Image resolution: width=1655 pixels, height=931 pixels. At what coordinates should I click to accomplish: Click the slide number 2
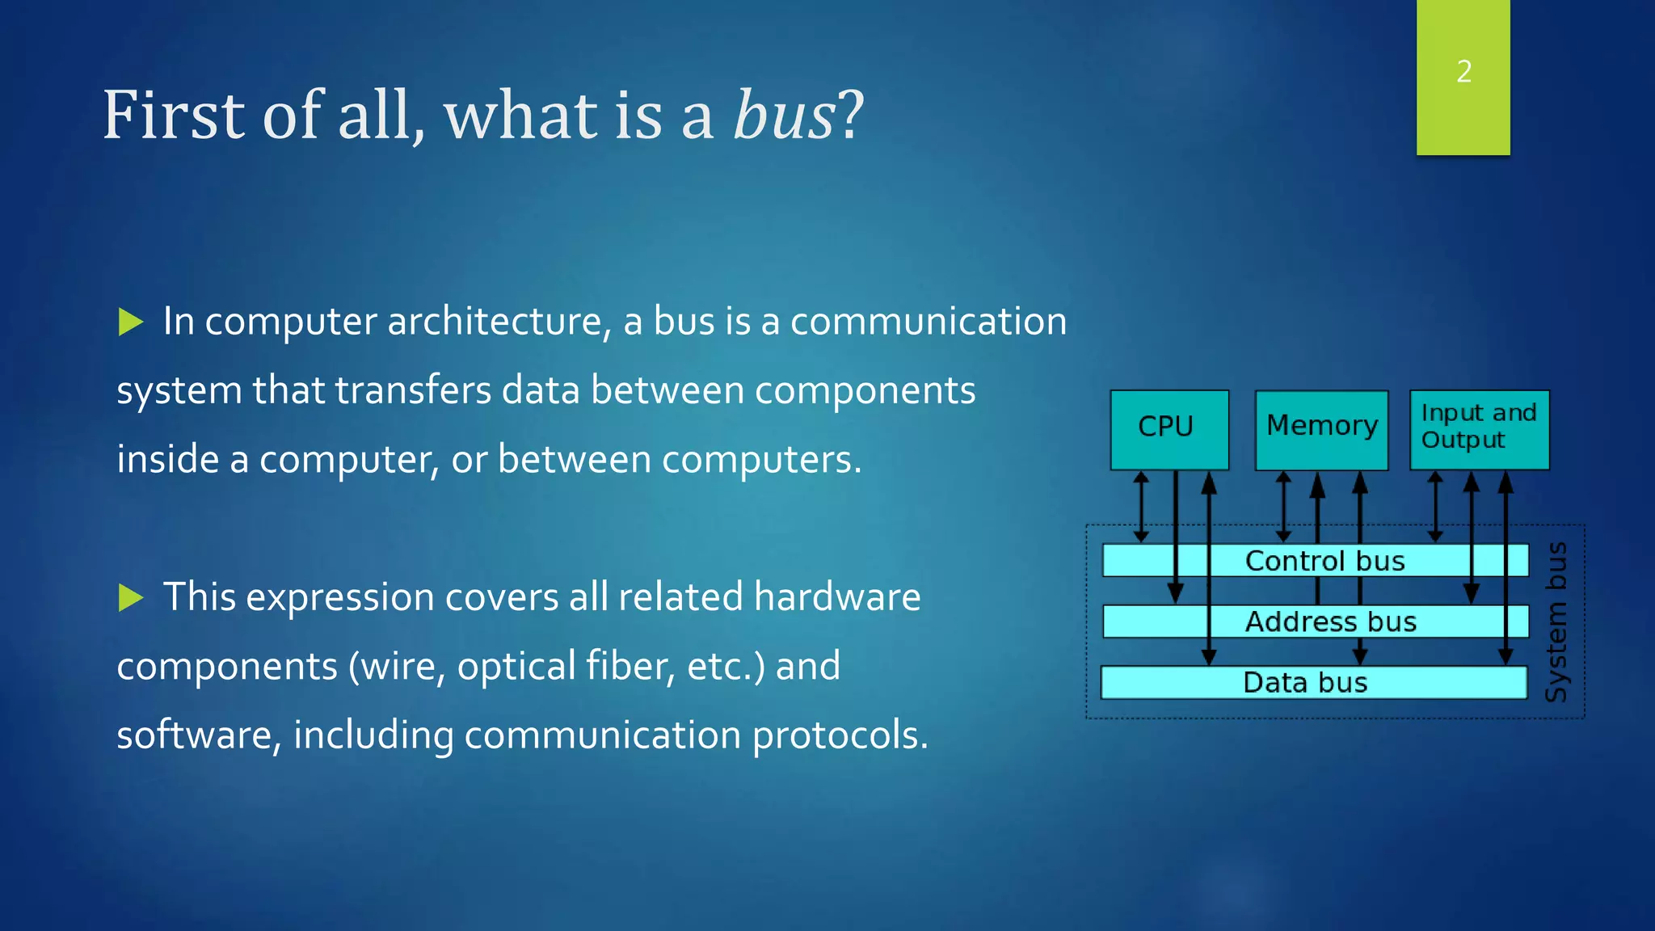(1463, 72)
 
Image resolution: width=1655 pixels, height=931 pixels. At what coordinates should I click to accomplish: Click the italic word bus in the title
(783, 116)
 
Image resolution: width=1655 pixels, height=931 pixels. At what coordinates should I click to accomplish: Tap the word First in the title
(173, 116)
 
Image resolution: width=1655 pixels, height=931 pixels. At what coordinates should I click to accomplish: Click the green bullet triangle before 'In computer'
(130, 322)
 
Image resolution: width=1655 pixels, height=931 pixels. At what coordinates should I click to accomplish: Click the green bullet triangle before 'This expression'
(130, 598)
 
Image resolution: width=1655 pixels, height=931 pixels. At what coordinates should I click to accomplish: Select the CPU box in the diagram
(1169, 428)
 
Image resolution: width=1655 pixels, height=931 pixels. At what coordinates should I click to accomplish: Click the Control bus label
(1324, 561)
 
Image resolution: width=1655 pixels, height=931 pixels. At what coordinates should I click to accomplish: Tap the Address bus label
(1330, 622)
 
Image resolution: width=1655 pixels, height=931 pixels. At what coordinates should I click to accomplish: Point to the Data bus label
(1305, 683)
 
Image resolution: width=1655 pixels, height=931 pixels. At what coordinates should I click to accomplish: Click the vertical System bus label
(1556, 622)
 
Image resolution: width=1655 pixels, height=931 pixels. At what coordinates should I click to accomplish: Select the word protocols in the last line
(840, 735)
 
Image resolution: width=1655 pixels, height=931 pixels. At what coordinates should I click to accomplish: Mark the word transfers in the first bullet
(412, 391)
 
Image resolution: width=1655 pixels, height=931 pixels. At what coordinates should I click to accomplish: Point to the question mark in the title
(851, 116)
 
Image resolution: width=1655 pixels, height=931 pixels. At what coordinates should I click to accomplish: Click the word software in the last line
(198, 735)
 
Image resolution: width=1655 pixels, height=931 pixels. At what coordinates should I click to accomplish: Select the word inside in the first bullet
(167, 460)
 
